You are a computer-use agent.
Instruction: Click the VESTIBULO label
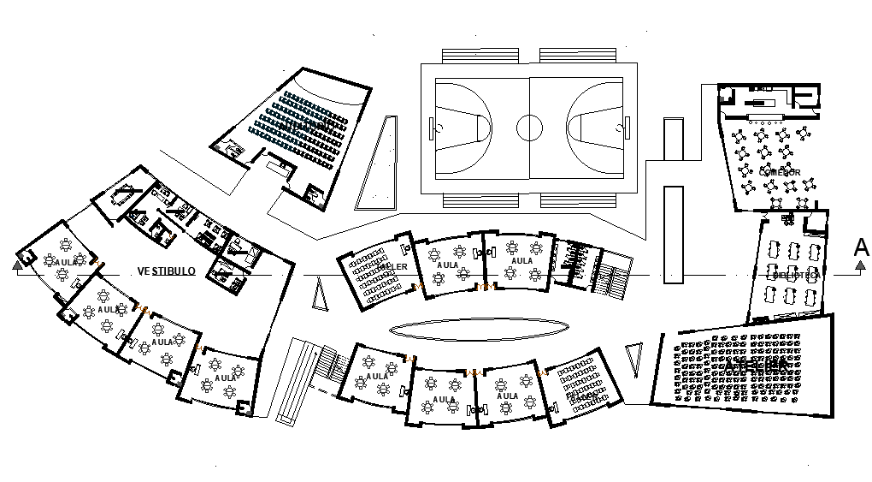tap(167, 271)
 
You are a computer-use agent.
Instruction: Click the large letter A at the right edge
tap(861, 247)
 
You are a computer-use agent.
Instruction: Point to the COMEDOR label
tap(780, 172)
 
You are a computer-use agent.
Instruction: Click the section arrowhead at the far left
tap(17, 265)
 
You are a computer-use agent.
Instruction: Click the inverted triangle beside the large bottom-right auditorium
tap(633, 356)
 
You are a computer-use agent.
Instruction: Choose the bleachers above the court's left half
tap(480, 54)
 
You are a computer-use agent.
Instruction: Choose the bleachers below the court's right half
tap(580, 201)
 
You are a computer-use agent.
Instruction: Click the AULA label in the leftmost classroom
tap(65, 263)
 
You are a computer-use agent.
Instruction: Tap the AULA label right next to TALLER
tap(447, 265)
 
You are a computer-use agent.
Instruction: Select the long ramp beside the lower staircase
tap(293, 381)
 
